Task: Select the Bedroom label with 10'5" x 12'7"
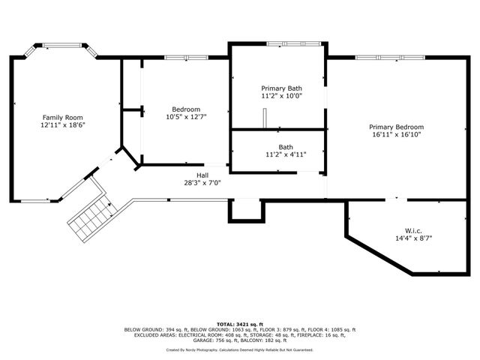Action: [186, 109]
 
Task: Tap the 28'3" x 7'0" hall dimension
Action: [202, 181]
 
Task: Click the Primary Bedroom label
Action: [395, 127]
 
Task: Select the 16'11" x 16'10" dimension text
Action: [395, 136]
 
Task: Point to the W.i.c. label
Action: [413, 230]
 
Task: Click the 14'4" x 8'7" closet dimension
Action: [413, 238]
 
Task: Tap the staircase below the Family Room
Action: [88, 217]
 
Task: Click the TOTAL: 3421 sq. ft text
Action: [239, 322]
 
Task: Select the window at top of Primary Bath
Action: [295, 44]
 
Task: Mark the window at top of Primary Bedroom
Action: [390, 58]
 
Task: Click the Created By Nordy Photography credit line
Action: [239, 349]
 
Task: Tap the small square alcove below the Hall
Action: [246, 211]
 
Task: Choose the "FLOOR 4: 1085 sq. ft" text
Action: [332, 329]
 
